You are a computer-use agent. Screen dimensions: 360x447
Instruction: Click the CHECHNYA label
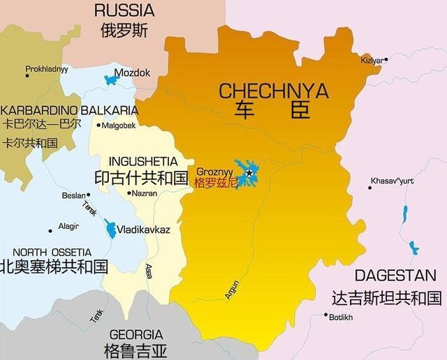click(x=273, y=91)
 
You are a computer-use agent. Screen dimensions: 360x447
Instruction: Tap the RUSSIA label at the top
click(x=124, y=10)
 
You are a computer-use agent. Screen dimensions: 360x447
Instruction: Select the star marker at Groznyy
click(x=249, y=172)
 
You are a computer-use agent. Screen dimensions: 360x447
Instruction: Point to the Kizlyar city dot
click(x=386, y=59)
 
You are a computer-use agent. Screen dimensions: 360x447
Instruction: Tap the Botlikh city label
click(x=342, y=317)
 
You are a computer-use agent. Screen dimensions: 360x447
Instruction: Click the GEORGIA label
click(x=136, y=334)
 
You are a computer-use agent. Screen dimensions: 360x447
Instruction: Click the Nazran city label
click(x=145, y=193)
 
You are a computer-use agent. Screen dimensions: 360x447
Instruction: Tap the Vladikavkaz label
click(x=144, y=229)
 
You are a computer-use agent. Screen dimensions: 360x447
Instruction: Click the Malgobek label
click(x=119, y=126)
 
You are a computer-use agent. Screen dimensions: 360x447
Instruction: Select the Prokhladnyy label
click(x=47, y=69)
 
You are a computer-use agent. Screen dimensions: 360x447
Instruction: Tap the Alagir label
click(x=68, y=226)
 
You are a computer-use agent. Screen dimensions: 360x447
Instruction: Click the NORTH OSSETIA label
click(x=52, y=252)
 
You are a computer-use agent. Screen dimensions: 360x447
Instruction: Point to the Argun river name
click(x=233, y=290)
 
